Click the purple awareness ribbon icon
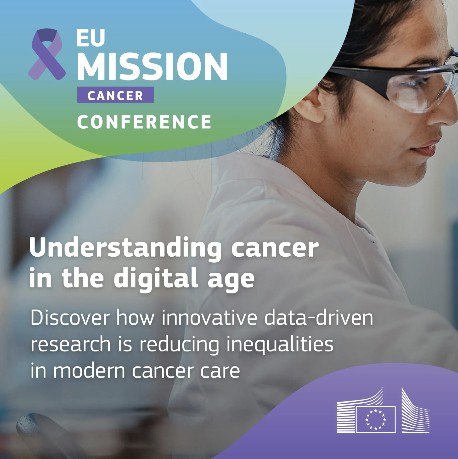(47, 54)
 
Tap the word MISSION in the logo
(152, 66)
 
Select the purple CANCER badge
(115, 95)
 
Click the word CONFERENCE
(144, 122)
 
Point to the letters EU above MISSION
(90, 38)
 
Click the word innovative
(209, 318)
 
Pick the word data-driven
(318, 318)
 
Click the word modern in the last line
(89, 371)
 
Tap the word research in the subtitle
(71, 344)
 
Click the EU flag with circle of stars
(375, 419)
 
